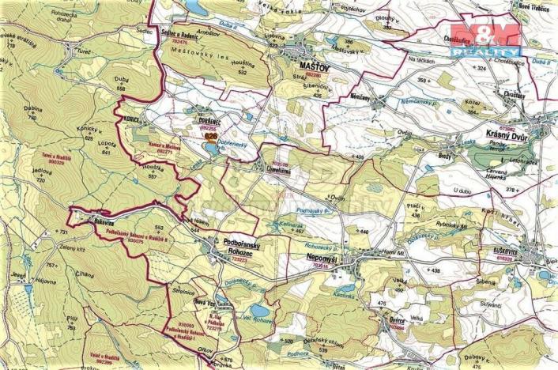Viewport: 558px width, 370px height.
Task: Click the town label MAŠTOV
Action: (x=319, y=70)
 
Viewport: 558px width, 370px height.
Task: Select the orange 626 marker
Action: (x=209, y=136)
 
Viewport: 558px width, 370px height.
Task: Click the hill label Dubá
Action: (x=121, y=79)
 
